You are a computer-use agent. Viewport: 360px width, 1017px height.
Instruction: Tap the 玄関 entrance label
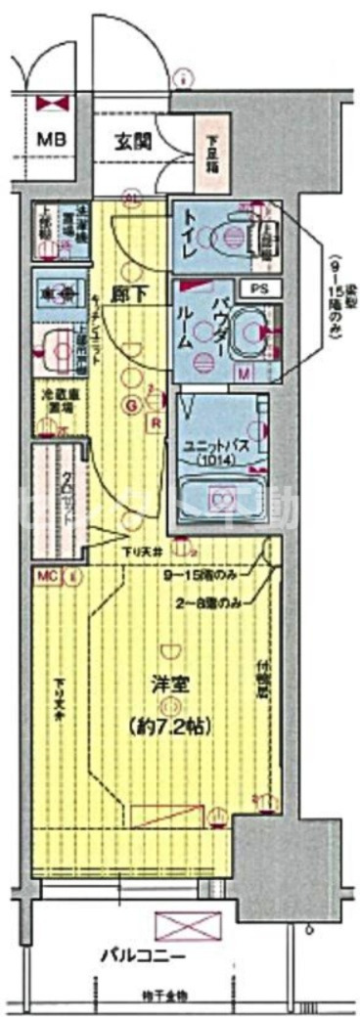click(130, 140)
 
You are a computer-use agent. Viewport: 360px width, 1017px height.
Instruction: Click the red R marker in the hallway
click(155, 422)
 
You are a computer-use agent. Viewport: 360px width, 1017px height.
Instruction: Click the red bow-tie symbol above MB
click(50, 102)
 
